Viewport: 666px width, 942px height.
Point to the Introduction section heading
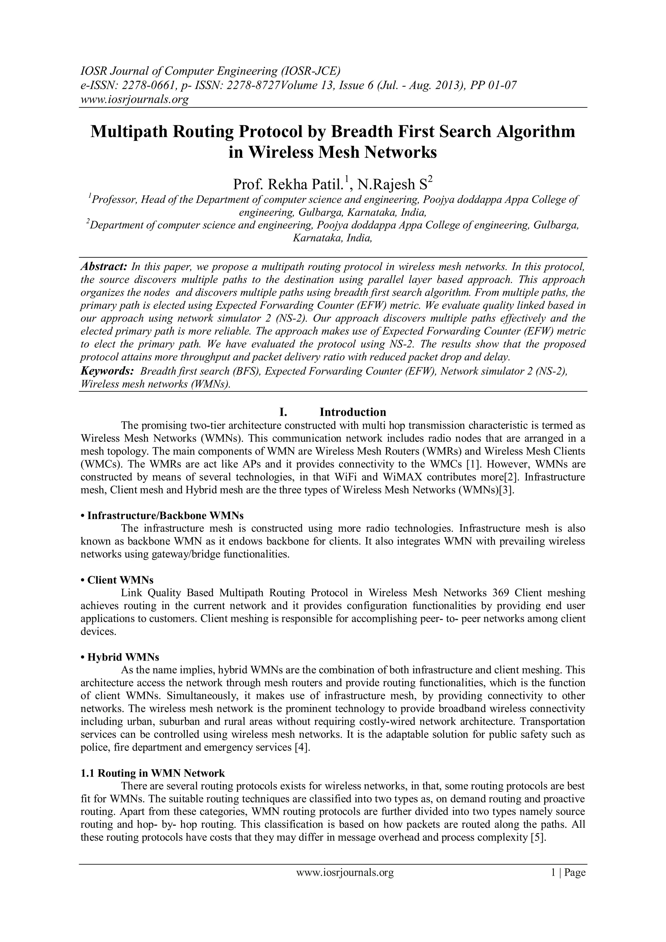[353, 412]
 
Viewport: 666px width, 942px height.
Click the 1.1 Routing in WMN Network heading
[153, 773]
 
